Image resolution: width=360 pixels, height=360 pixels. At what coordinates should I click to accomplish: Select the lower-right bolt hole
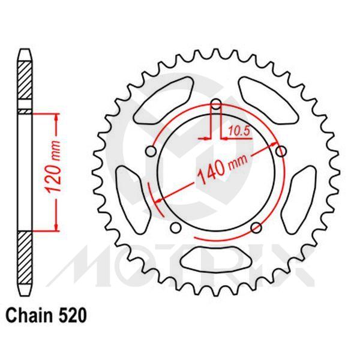pos(256,226)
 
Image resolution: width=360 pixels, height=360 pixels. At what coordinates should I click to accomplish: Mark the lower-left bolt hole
pos(176,227)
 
